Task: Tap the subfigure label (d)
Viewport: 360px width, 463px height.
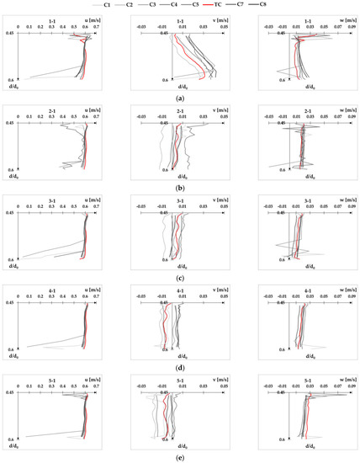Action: tap(180, 371)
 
